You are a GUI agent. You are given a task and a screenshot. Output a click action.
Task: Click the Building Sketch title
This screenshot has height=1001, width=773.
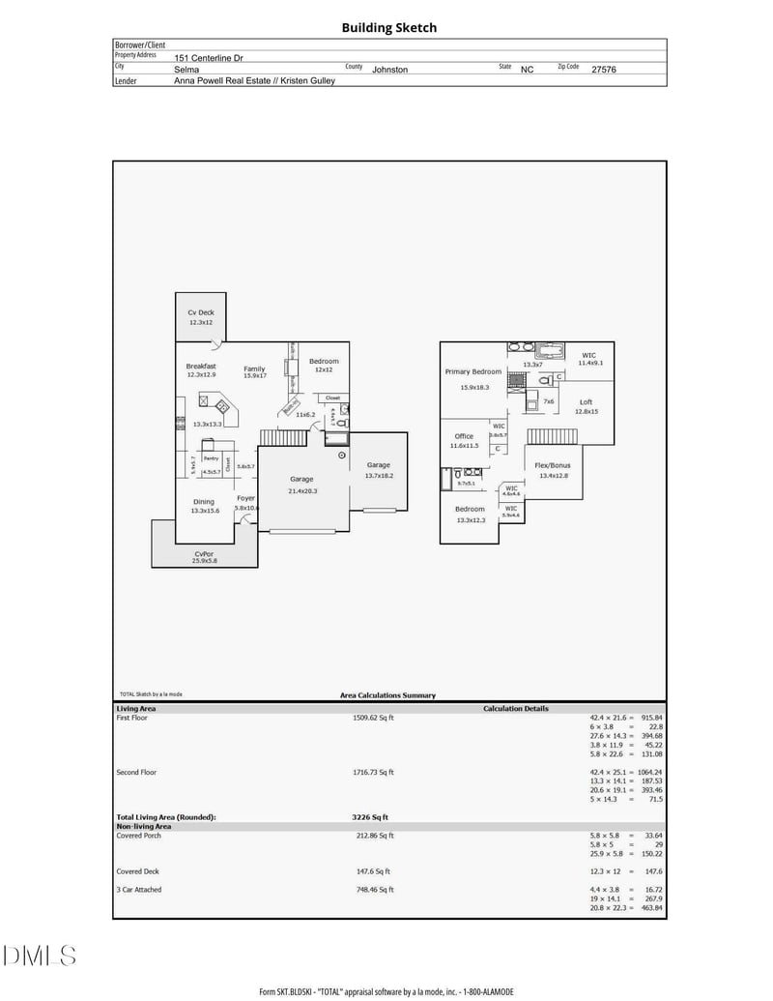click(x=388, y=28)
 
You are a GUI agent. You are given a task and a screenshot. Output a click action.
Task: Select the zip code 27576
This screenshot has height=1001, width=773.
click(x=603, y=70)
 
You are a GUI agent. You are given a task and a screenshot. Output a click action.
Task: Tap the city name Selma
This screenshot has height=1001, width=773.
click(x=186, y=70)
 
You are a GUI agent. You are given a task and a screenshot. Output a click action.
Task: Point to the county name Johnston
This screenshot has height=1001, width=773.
click(x=390, y=70)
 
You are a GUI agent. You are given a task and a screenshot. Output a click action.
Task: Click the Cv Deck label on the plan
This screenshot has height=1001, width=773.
click(x=201, y=312)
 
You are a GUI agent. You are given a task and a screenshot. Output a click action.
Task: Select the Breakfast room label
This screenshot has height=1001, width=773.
click(x=201, y=367)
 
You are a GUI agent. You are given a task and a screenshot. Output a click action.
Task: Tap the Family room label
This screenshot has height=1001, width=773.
click(x=254, y=368)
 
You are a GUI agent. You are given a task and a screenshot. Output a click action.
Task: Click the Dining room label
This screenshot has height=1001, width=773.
click(x=204, y=501)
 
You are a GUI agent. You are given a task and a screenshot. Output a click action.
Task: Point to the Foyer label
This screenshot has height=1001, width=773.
click(x=246, y=498)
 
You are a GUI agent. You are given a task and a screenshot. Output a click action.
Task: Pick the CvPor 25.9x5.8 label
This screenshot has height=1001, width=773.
click(x=204, y=554)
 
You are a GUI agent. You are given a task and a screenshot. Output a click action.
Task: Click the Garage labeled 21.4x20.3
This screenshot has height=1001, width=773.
click(x=302, y=479)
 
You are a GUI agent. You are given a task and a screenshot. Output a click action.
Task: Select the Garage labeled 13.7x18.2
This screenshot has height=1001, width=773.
click(x=378, y=465)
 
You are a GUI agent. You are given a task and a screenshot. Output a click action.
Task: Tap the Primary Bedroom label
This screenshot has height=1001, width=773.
click(x=473, y=371)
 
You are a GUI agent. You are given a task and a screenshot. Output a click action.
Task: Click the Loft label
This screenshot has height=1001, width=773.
click(x=587, y=401)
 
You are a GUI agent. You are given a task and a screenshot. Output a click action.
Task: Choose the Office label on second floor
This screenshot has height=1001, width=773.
click(x=464, y=436)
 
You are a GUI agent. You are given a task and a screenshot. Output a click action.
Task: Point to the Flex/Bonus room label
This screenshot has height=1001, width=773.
click(x=554, y=465)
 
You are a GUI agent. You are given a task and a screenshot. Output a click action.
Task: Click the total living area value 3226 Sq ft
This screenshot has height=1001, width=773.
click(x=370, y=817)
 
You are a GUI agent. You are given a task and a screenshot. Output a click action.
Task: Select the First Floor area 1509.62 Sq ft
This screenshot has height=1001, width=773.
click(x=373, y=718)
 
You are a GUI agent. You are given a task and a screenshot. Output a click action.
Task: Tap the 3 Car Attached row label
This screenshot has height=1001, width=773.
click(x=139, y=889)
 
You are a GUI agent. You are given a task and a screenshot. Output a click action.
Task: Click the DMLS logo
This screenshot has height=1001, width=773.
click(x=40, y=957)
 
